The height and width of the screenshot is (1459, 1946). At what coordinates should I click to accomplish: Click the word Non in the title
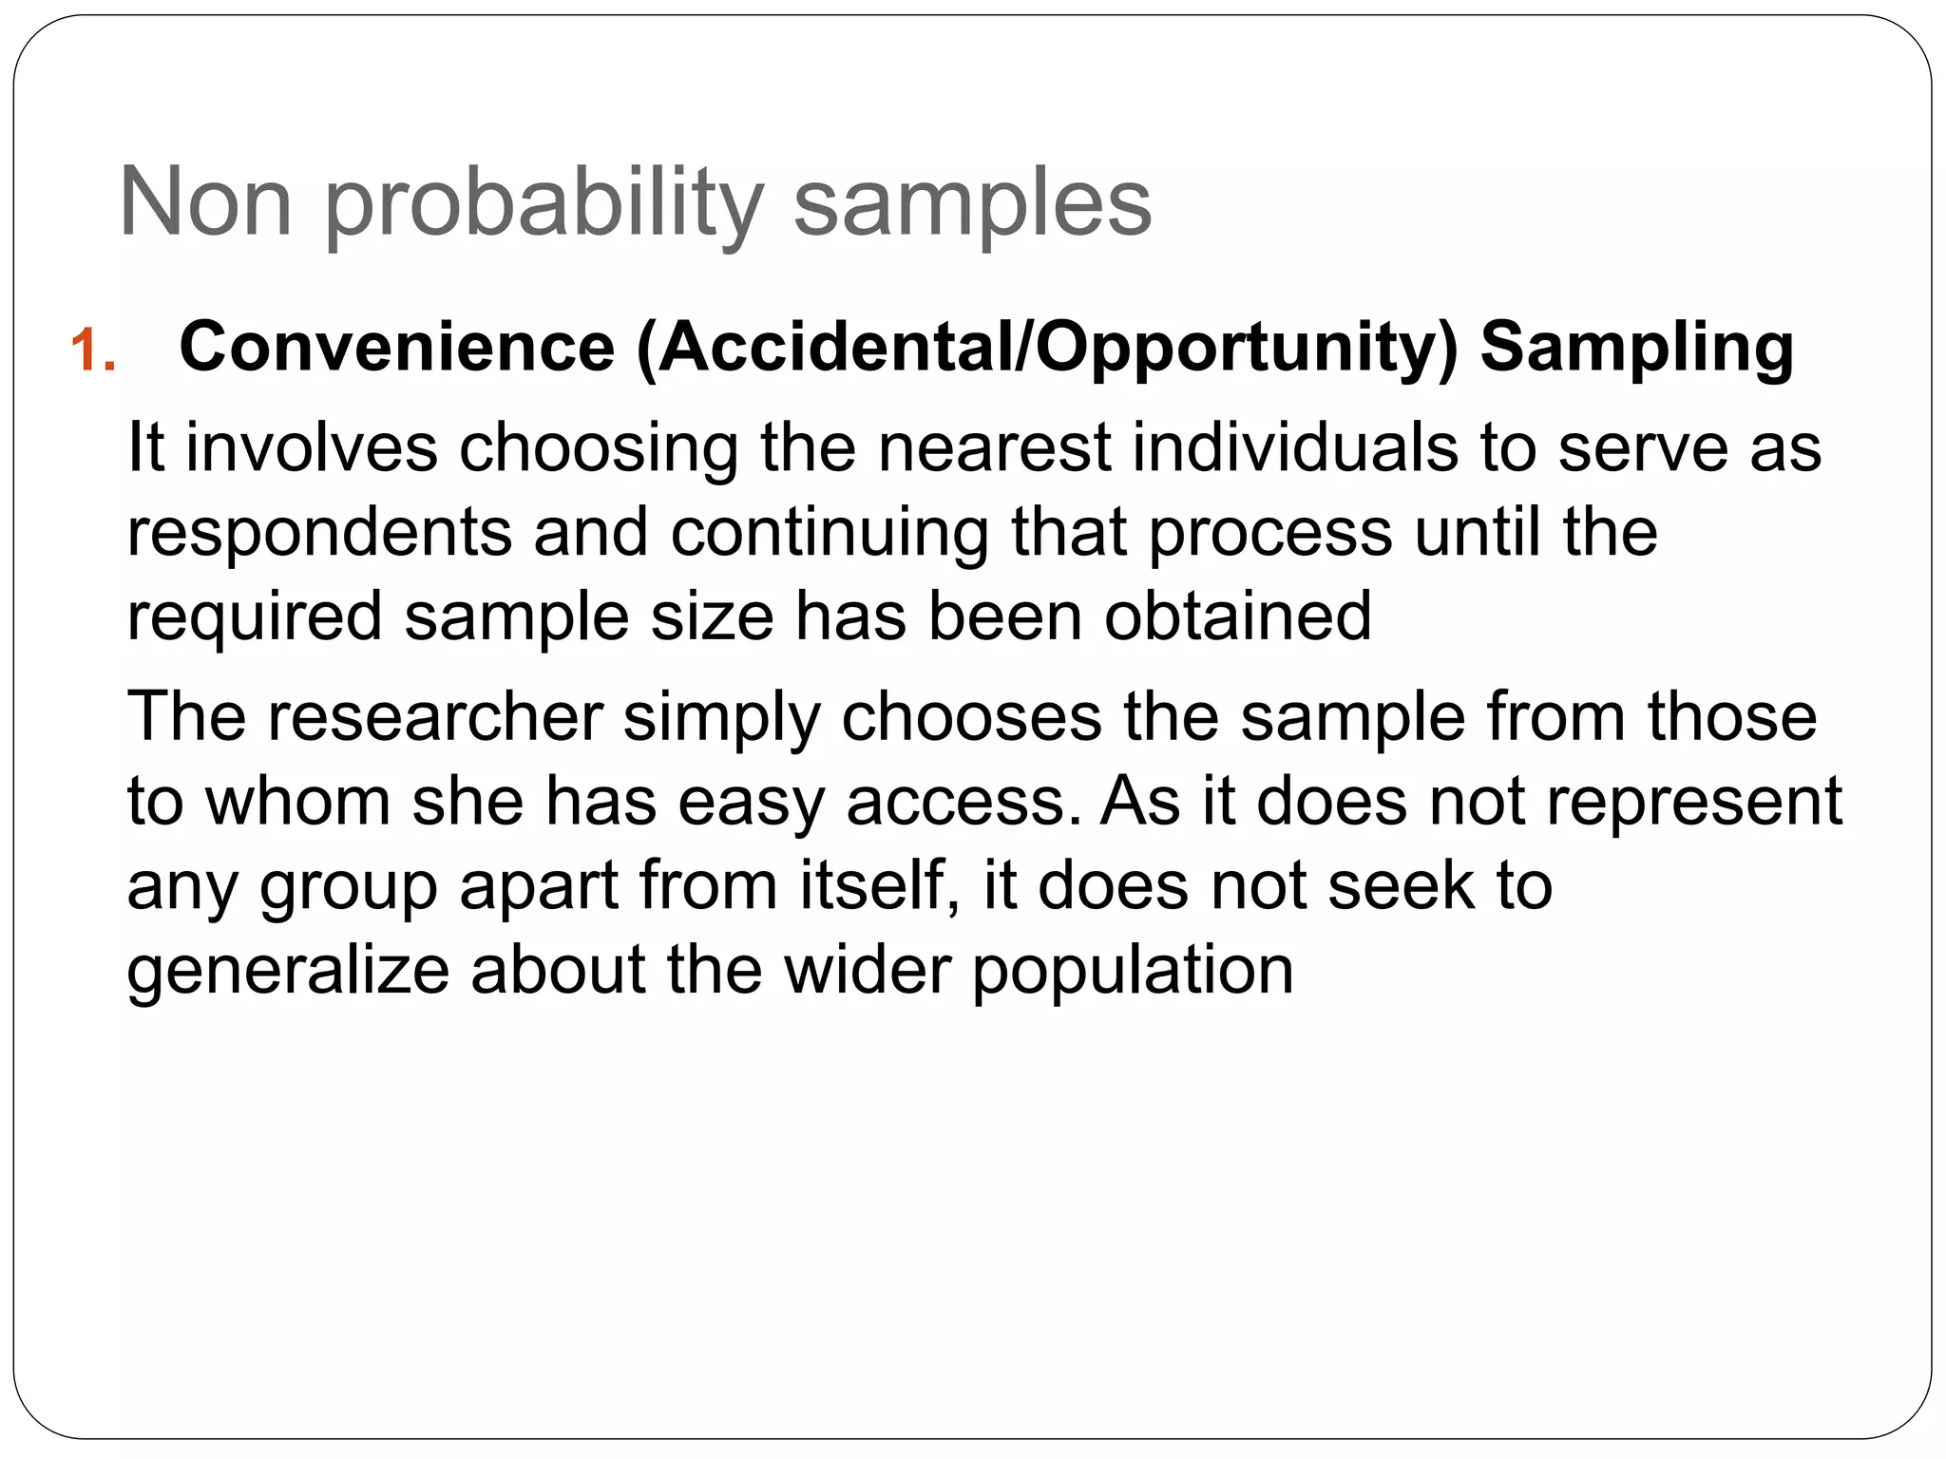point(204,202)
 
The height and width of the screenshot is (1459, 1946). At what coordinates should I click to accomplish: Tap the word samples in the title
point(972,202)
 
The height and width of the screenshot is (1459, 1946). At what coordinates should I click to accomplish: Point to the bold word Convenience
point(397,347)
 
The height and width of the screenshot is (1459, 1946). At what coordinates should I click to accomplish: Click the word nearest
point(994,447)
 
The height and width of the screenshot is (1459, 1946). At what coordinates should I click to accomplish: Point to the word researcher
point(435,716)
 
